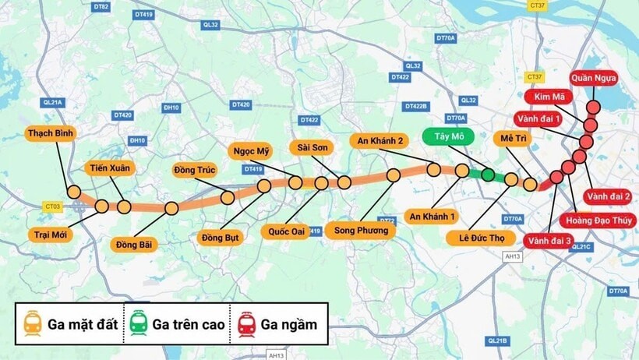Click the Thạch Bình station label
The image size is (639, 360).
(51, 133)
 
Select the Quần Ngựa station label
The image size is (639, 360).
(594, 78)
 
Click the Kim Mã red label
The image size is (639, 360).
(549, 97)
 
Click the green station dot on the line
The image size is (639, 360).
(488, 175)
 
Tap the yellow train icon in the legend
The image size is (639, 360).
(32, 323)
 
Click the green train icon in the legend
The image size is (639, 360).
(137, 323)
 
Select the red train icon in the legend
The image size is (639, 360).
(245, 323)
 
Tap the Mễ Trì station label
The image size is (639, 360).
(515, 138)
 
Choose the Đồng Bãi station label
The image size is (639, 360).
(134, 245)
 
